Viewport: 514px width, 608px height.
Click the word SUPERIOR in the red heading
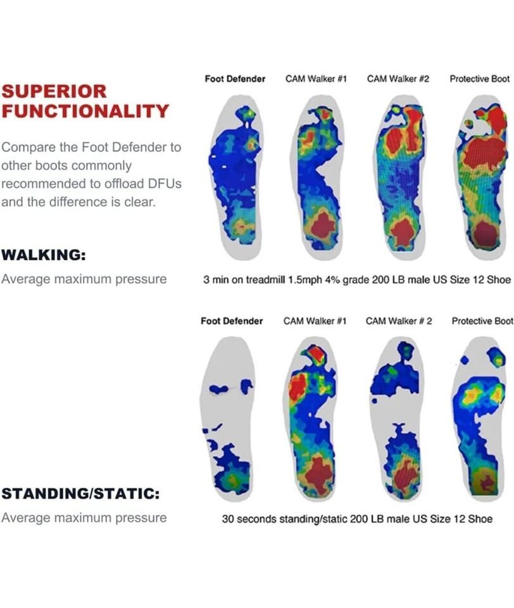pyautogui.click(x=54, y=91)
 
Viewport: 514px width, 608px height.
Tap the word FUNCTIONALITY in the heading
pyautogui.click(x=85, y=111)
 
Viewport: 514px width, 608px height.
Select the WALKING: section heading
pyautogui.click(x=44, y=255)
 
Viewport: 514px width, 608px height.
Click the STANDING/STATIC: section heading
pyautogui.click(x=80, y=494)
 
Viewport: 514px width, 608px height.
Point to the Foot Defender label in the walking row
pyautogui.click(x=235, y=79)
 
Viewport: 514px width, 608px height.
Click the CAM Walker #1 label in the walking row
pyautogui.click(x=316, y=79)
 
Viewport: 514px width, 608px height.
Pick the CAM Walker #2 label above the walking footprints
pyautogui.click(x=398, y=79)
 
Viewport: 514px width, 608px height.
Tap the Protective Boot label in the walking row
pyautogui.click(x=479, y=79)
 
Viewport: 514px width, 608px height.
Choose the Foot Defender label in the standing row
pyautogui.click(x=232, y=321)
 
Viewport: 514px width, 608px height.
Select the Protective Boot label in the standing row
pyautogui.click(x=482, y=321)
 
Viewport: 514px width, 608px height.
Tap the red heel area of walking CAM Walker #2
pyautogui.click(x=403, y=232)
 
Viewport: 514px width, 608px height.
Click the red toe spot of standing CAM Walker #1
pyautogui.click(x=317, y=353)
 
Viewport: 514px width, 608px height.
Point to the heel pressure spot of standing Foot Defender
pyautogui.click(x=232, y=479)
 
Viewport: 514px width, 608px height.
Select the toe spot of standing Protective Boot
pyautogui.click(x=496, y=357)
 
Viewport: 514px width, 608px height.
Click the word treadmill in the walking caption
pyautogui.click(x=265, y=279)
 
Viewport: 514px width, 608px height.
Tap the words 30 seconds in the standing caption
pyautogui.click(x=248, y=519)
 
